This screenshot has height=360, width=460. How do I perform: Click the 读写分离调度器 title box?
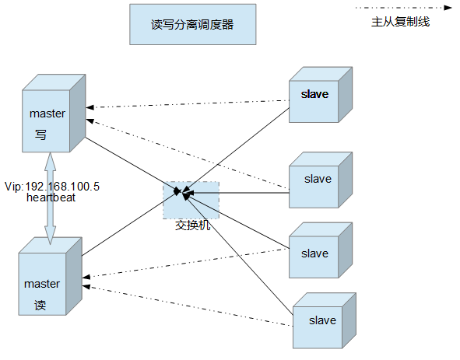[192, 25]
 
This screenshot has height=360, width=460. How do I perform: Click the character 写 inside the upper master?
[40, 135]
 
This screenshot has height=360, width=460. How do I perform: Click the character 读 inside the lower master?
[40, 306]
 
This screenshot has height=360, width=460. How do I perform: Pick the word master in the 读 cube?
[42, 284]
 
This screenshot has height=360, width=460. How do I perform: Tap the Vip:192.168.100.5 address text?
[52, 187]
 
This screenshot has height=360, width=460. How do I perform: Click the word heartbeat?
[51, 197]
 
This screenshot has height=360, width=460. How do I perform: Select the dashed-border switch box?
[191, 201]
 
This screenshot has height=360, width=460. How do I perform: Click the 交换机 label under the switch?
[193, 226]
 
